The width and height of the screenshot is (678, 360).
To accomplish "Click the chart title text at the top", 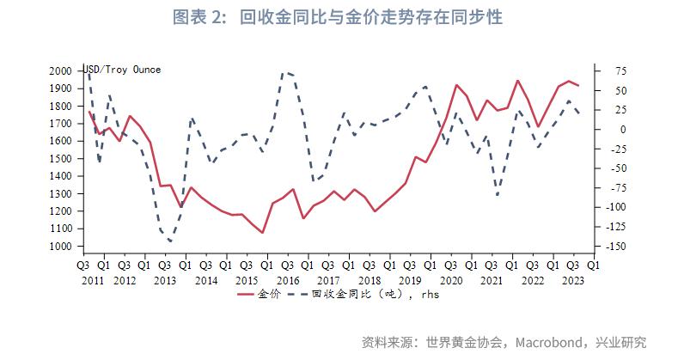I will (339, 16).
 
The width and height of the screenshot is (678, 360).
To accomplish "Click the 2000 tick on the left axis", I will (60, 70).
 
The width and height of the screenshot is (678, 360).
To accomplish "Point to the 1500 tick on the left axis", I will (60, 158).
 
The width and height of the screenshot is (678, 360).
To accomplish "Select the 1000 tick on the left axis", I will (60, 247).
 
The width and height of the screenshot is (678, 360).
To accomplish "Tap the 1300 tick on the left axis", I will (60, 193).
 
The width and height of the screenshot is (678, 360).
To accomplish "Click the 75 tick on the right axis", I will (617, 70).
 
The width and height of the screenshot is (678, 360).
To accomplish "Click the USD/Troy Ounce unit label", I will (122, 69).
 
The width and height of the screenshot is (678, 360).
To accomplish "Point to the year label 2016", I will (288, 280).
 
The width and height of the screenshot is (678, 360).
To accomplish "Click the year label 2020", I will (452, 280).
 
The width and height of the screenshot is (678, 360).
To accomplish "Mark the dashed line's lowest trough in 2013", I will (170, 241).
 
